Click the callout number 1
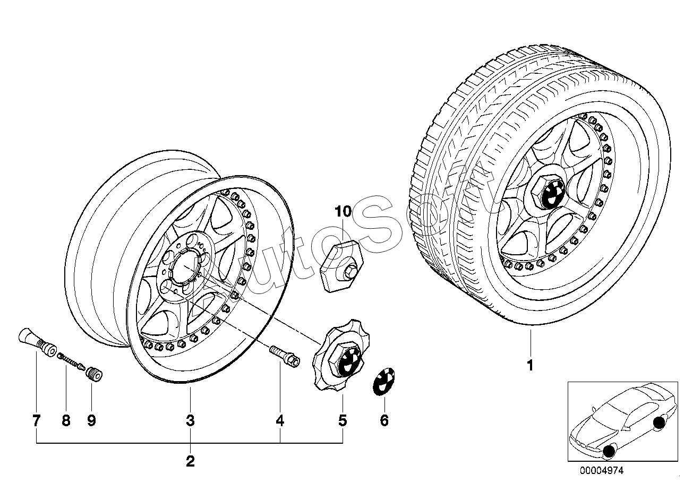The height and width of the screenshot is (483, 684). point(529,365)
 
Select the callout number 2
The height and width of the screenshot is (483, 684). point(190,461)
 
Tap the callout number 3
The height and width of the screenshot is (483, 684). point(190,421)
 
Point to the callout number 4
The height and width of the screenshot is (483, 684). point(280,421)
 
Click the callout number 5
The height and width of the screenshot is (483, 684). point(343,421)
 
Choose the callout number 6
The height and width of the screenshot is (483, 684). point(384,421)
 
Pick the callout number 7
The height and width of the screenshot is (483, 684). point(36,421)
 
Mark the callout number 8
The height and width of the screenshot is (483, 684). point(66,421)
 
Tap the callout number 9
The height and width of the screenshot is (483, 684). point(91,421)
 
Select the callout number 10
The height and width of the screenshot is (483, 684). point(343,212)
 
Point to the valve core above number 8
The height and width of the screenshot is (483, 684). point(71,360)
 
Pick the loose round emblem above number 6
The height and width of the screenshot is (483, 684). point(384,381)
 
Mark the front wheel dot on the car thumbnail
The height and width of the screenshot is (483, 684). point(609,452)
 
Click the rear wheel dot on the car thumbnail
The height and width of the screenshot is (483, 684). point(660,423)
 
